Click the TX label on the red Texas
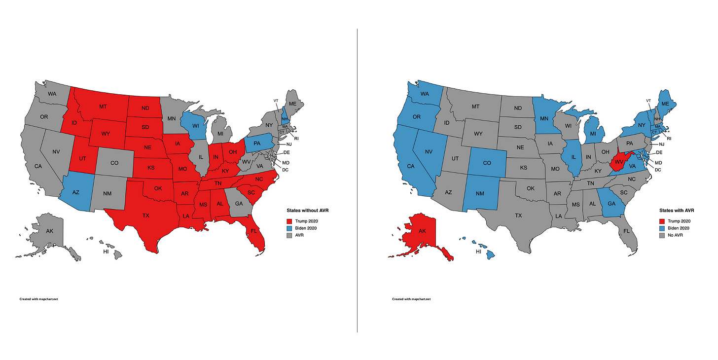[x=146, y=216]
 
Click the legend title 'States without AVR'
[x=307, y=211]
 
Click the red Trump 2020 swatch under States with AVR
[x=662, y=220]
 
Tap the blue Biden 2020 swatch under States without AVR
[x=290, y=228]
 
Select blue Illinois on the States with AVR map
[x=574, y=157]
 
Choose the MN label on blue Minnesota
[x=544, y=118]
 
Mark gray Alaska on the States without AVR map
[x=49, y=231]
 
